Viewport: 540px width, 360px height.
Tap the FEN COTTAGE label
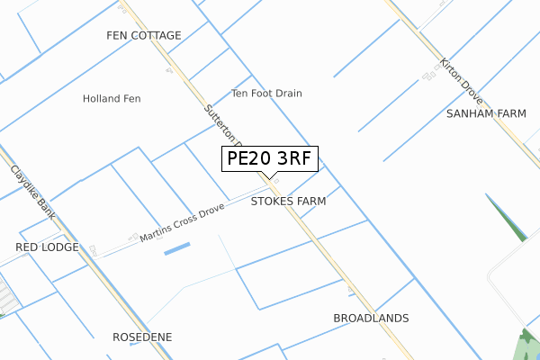pyautogui.click(x=144, y=36)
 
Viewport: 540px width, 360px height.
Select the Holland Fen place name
pyautogui.click(x=112, y=98)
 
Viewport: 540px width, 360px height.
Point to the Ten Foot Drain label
pyautogui.click(x=266, y=93)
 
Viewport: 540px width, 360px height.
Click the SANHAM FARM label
pyautogui.click(x=486, y=114)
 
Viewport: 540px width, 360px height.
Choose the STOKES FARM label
pyautogui.click(x=288, y=202)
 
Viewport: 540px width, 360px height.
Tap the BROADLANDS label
pyautogui.click(x=371, y=319)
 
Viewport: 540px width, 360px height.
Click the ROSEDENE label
pyautogui.click(x=142, y=337)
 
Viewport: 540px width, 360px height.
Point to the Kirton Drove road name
pyautogui.click(x=460, y=81)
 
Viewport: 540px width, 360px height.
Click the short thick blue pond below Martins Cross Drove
pyautogui.click(x=177, y=247)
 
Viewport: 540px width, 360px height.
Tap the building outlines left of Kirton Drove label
pyautogui.click(x=430, y=77)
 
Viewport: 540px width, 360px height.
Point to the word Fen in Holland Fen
pyautogui.click(x=131, y=98)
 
